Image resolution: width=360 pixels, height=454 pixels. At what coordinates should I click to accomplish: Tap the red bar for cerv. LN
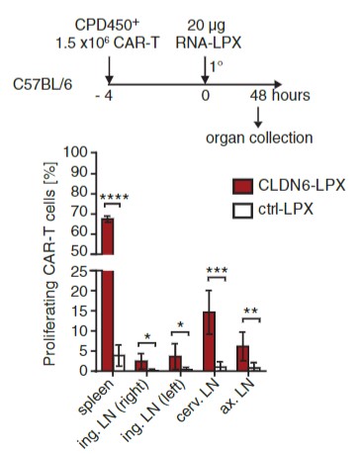click(x=209, y=341)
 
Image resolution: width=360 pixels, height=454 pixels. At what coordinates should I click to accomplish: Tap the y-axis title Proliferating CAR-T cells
click(x=46, y=261)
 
